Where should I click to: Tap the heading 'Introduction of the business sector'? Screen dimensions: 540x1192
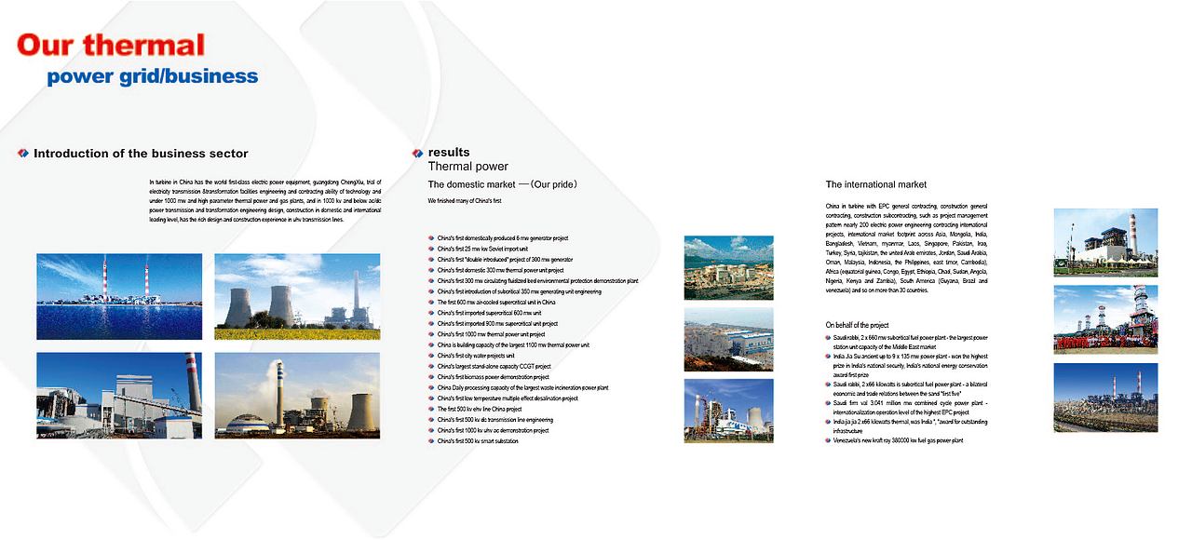pos(141,154)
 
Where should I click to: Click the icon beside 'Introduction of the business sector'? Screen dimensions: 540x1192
pos(24,154)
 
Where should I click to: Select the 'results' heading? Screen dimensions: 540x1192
pos(449,152)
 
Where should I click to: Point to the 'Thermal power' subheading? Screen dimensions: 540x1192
pos(467,167)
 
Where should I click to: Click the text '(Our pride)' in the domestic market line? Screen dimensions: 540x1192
pos(554,184)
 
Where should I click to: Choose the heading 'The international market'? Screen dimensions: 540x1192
pos(875,184)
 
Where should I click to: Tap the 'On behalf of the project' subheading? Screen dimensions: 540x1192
pos(857,325)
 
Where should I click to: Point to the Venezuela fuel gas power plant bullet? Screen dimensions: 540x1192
pos(898,440)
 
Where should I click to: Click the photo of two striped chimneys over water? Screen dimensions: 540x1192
pos(119,283)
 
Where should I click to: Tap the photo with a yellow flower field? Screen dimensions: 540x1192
pos(297,296)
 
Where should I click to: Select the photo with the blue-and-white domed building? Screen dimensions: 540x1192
pos(297,395)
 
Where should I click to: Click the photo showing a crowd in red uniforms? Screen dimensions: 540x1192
pos(1105,319)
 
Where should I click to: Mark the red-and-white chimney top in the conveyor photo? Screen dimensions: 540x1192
pos(190,359)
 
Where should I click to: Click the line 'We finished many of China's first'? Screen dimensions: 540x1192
pos(465,201)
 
